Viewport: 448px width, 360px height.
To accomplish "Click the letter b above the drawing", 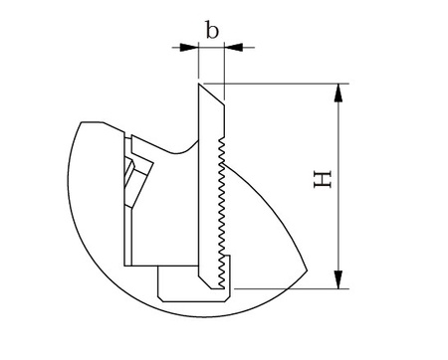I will pyautogui.click(x=212, y=29).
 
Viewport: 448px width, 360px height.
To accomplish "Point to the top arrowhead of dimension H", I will pyautogui.click(x=340, y=90).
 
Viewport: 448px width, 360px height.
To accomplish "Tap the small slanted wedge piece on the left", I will pyautogui.click(x=131, y=179).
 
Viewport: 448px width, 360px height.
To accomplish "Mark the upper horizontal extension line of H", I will pyautogui.click(x=289, y=83).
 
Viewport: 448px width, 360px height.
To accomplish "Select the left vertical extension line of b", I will pyautogui.click(x=198, y=65).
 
